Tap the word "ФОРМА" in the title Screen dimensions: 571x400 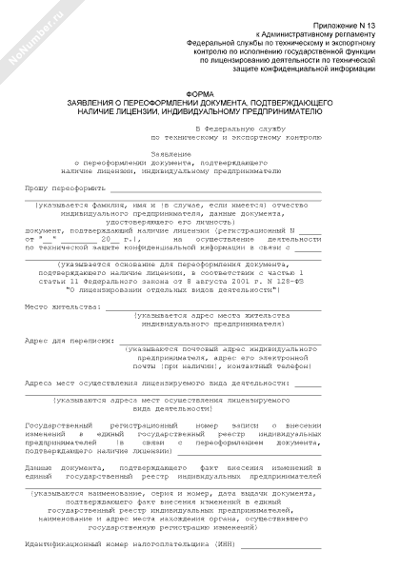point(199,92)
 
